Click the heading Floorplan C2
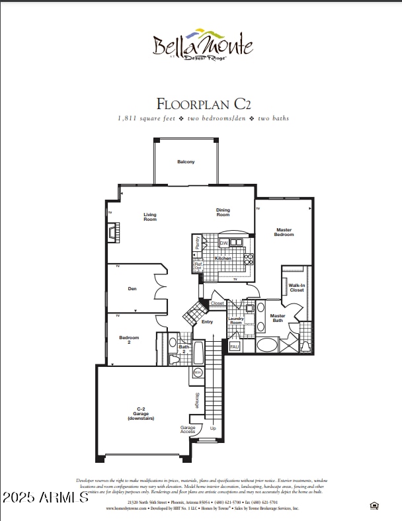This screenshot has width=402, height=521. pos(204,104)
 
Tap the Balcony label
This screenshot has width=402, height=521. pos(186,162)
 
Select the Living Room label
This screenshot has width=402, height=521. pos(150,216)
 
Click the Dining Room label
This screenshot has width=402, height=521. pos(223,212)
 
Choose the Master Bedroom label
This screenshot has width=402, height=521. pos(284,232)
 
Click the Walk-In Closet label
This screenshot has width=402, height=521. pos(297,288)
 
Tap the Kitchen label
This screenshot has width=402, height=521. pos(223,259)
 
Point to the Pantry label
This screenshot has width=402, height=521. pos(197,243)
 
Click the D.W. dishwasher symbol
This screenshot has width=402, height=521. pos(223,244)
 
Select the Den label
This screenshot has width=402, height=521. pos(132,288)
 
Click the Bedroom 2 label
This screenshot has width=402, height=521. pos(129,340)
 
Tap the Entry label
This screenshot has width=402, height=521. pos(207,322)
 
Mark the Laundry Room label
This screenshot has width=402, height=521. pos(236,321)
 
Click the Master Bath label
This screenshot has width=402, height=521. pos(278,318)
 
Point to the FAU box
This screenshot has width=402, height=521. pos(235,346)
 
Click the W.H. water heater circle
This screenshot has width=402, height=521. pos(197,373)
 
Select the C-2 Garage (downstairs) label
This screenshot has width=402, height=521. pos(141,414)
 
